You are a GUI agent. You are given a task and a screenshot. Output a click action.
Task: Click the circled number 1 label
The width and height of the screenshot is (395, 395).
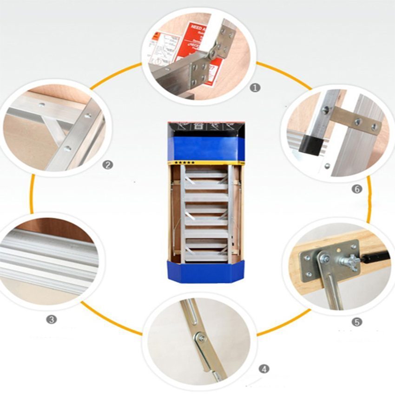[255, 87]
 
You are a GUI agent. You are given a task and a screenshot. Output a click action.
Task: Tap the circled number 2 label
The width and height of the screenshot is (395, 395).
[108, 165]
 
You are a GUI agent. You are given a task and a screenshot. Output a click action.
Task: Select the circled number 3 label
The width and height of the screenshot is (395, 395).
[52, 319]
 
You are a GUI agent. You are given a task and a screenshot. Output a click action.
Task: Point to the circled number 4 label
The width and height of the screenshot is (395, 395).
[263, 369]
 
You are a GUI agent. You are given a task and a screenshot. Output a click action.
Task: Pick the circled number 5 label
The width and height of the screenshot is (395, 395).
[356, 322]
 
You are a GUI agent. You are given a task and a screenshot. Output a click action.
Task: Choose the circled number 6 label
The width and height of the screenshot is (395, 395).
[357, 189]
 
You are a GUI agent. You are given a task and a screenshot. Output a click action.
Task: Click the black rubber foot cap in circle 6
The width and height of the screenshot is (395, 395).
[312, 145]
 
